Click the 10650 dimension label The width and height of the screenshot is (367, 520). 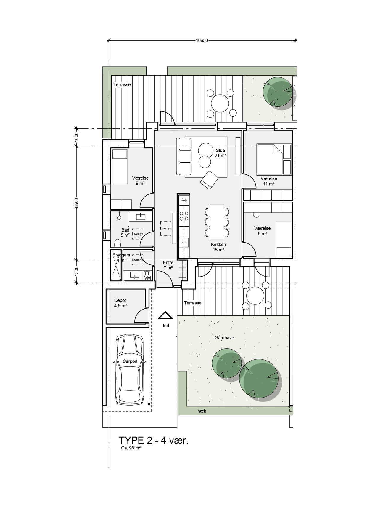(x=202, y=41)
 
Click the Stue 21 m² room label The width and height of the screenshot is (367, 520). (x=220, y=153)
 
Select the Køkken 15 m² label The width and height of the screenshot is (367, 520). (x=218, y=247)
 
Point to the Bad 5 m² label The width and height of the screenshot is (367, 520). (x=125, y=233)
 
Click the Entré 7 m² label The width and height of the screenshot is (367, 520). (x=168, y=265)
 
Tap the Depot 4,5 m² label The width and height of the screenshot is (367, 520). (x=120, y=303)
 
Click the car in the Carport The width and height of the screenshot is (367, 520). (x=130, y=370)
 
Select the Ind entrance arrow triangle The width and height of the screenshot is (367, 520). (x=165, y=315)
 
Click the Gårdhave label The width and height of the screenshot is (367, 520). (x=224, y=338)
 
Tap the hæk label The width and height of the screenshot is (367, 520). (x=202, y=411)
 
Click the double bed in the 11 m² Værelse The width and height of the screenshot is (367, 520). (x=270, y=159)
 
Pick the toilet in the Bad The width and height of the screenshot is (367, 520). (x=117, y=243)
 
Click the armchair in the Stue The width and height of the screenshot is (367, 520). (x=209, y=180)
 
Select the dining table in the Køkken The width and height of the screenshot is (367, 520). (x=217, y=222)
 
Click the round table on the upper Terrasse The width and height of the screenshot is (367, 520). (x=220, y=103)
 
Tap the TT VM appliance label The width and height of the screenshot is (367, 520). (x=147, y=276)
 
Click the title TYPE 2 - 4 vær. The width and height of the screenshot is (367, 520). (x=154, y=440)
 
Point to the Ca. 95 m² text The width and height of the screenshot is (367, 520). (x=131, y=448)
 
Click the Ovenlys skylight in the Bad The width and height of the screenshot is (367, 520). (x=138, y=234)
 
